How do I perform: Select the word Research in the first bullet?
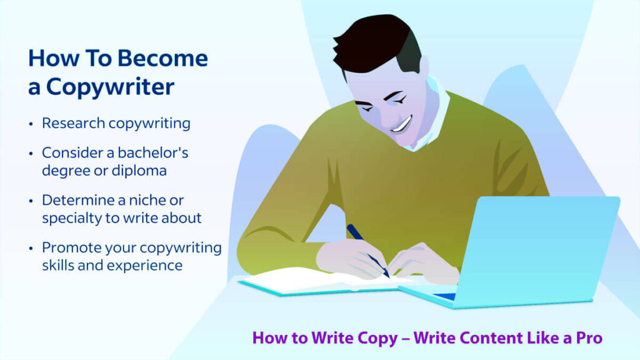coord(73,123)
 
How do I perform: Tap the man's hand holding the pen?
coord(350,257)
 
